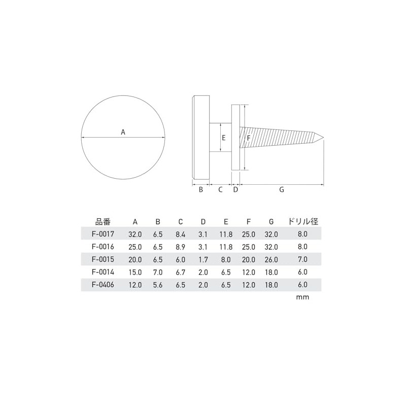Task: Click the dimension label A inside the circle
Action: point(123,132)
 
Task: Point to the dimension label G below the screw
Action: point(282,189)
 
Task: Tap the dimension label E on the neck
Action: point(224,138)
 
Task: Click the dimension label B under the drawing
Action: point(201,189)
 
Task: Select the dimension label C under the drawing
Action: point(220,189)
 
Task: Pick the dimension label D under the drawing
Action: point(235,189)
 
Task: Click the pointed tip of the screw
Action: point(324,137)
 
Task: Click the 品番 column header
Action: point(103,222)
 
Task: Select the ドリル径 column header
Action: point(303,222)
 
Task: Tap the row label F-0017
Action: point(103,234)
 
